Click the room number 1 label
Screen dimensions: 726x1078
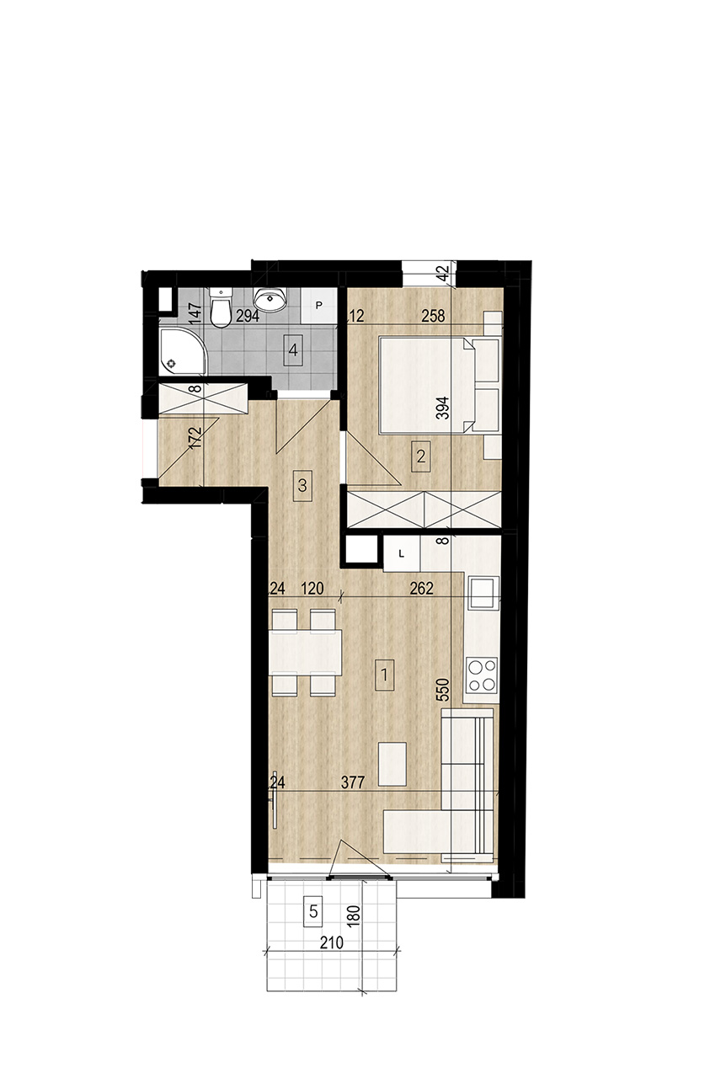pyautogui.click(x=384, y=675)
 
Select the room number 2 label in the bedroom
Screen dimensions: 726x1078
pyautogui.click(x=421, y=456)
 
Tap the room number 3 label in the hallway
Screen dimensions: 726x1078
pyautogui.click(x=302, y=485)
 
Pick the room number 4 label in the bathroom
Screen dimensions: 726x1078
pyautogui.click(x=293, y=350)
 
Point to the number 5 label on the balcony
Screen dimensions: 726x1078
pyautogui.click(x=313, y=911)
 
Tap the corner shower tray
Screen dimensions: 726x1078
pyautogui.click(x=183, y=351)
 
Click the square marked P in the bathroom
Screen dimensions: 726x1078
pyautogui.click(x=318, y=306)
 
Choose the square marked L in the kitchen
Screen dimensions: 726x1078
pyautogui.click(x=402, y=553)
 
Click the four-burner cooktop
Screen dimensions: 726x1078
pyautogui.click(x=483, y=675)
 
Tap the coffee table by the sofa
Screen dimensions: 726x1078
pyautogui.click(x=392, y=764)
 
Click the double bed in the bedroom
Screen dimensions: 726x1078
pyautogui.click(x=426, y=386)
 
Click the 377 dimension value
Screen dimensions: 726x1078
pyautogui.click(x=352, y=783)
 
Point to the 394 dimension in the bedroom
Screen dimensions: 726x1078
pyautogui.click(x=444, y=408)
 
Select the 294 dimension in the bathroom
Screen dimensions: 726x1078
pyautogui.click(x=248, y=317)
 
